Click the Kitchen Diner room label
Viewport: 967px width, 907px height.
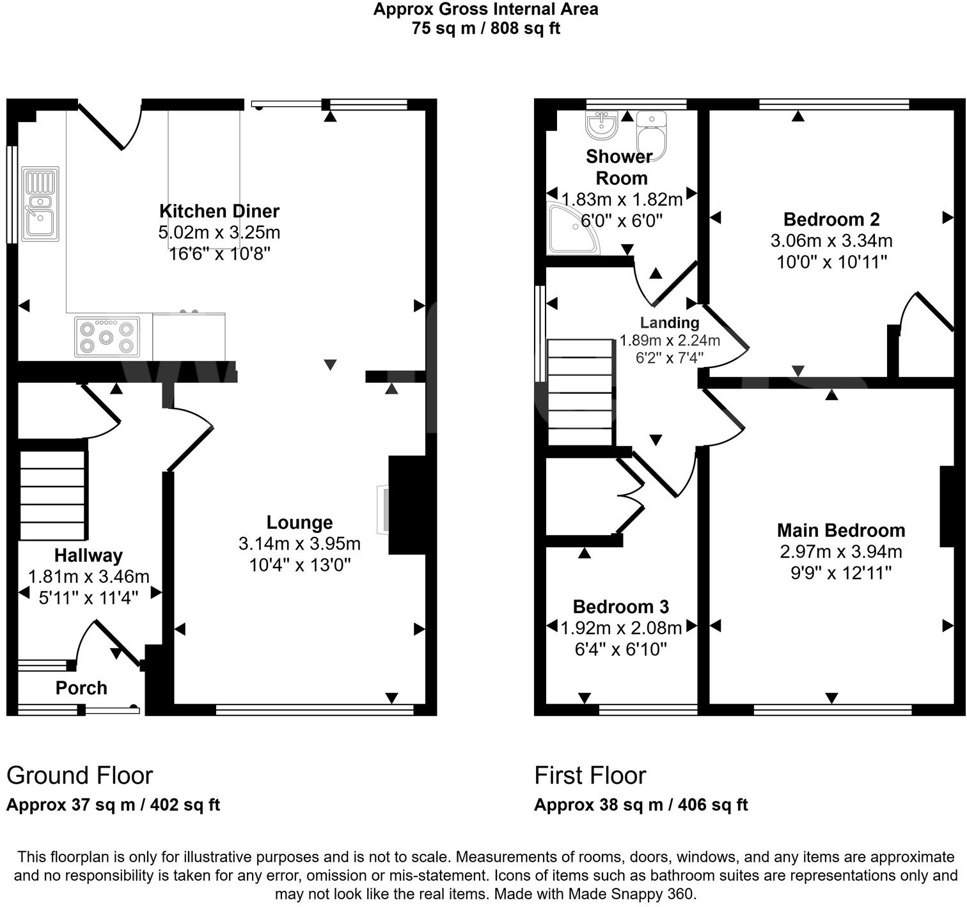coord(219,211)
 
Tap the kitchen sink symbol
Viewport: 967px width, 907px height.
coord(40,204)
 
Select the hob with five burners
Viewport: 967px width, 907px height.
coord(107,336)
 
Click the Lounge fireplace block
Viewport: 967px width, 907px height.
coord(407,504)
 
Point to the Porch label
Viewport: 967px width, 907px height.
coord(81,688)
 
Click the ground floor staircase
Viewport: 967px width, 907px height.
coord(52,495)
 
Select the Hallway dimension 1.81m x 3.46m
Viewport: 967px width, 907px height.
coord(88,577)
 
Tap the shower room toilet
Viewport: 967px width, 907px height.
coord(652,135)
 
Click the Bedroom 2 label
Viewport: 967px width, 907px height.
coord(831,219)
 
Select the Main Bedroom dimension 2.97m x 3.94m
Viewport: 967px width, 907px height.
coord(841,552)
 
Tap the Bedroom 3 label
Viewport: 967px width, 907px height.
coord(620,607)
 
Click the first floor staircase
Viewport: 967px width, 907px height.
coord(580,392)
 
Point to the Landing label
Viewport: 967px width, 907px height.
coord(670,323)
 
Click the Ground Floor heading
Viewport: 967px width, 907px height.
coord(79,775)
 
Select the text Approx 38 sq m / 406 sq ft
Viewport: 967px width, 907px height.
coord(640,805)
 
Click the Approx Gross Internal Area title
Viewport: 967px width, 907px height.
coord(485,9)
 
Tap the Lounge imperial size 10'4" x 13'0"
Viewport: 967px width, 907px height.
coord(299,565)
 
